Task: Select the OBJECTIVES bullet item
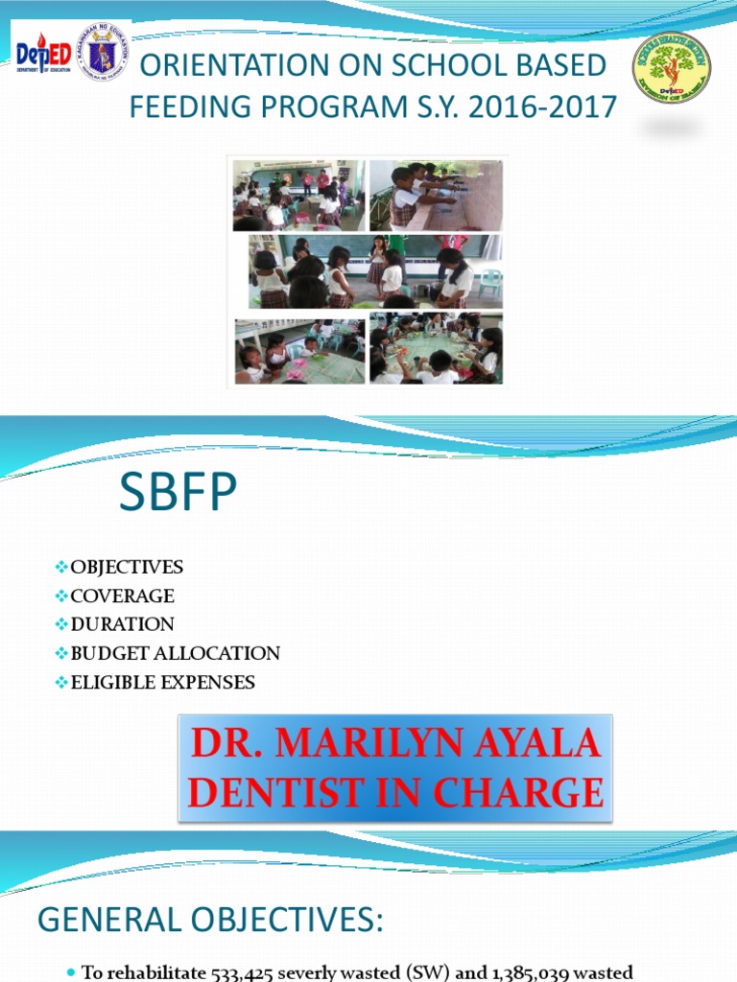coord(126,567)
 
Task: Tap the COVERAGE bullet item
coord(122,596)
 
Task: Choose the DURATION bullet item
coord(122,624)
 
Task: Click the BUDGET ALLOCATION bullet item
coord(175,653)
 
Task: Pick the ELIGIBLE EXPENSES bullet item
coord(162,683)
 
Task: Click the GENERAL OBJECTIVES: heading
coord(209,922)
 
